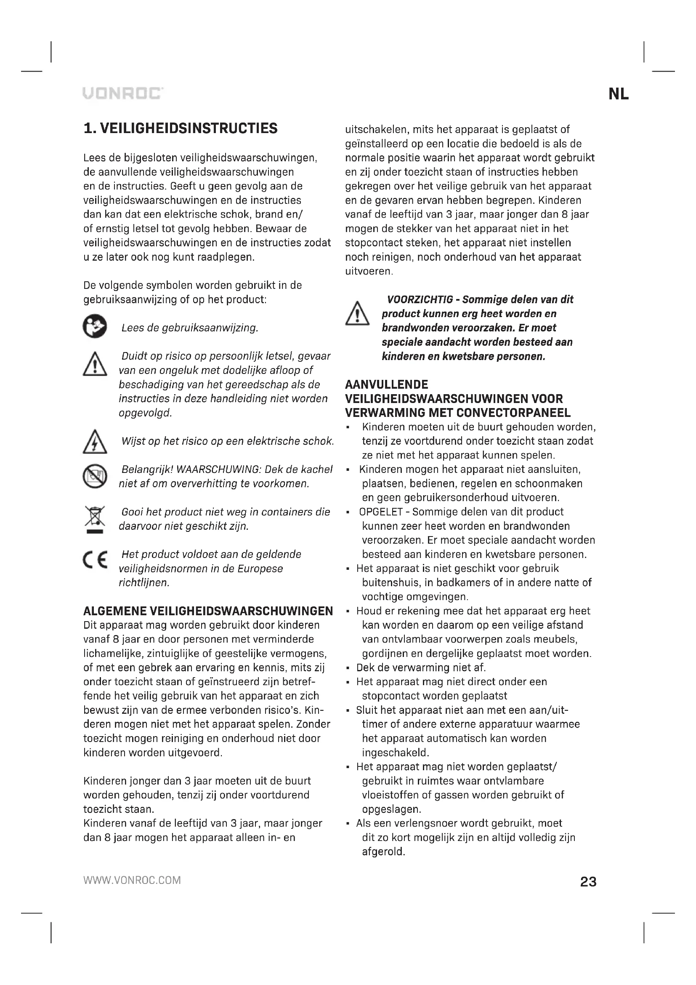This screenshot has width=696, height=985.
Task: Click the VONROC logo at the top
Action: point(123,93)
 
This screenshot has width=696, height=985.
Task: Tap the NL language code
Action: point(618,94)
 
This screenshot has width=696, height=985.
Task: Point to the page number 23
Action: point(588,881)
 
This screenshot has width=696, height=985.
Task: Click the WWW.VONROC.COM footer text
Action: point(132,880)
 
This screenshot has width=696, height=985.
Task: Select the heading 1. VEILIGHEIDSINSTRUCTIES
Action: point(181,128)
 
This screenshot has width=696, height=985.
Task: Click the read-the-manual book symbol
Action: point(95,326)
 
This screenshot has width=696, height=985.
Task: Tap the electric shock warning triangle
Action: point(95,442)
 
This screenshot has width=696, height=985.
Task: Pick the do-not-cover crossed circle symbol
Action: point(95,476)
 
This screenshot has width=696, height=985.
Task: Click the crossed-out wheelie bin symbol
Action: point(95,519)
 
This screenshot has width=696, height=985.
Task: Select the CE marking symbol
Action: point(95,560)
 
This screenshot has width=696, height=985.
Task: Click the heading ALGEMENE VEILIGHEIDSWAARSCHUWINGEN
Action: point(208,611)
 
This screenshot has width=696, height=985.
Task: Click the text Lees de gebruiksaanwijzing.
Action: point(190,328)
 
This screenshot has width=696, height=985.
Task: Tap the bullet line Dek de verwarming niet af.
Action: point(421,667)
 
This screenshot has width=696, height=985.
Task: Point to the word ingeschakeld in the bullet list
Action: point(395,753)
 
